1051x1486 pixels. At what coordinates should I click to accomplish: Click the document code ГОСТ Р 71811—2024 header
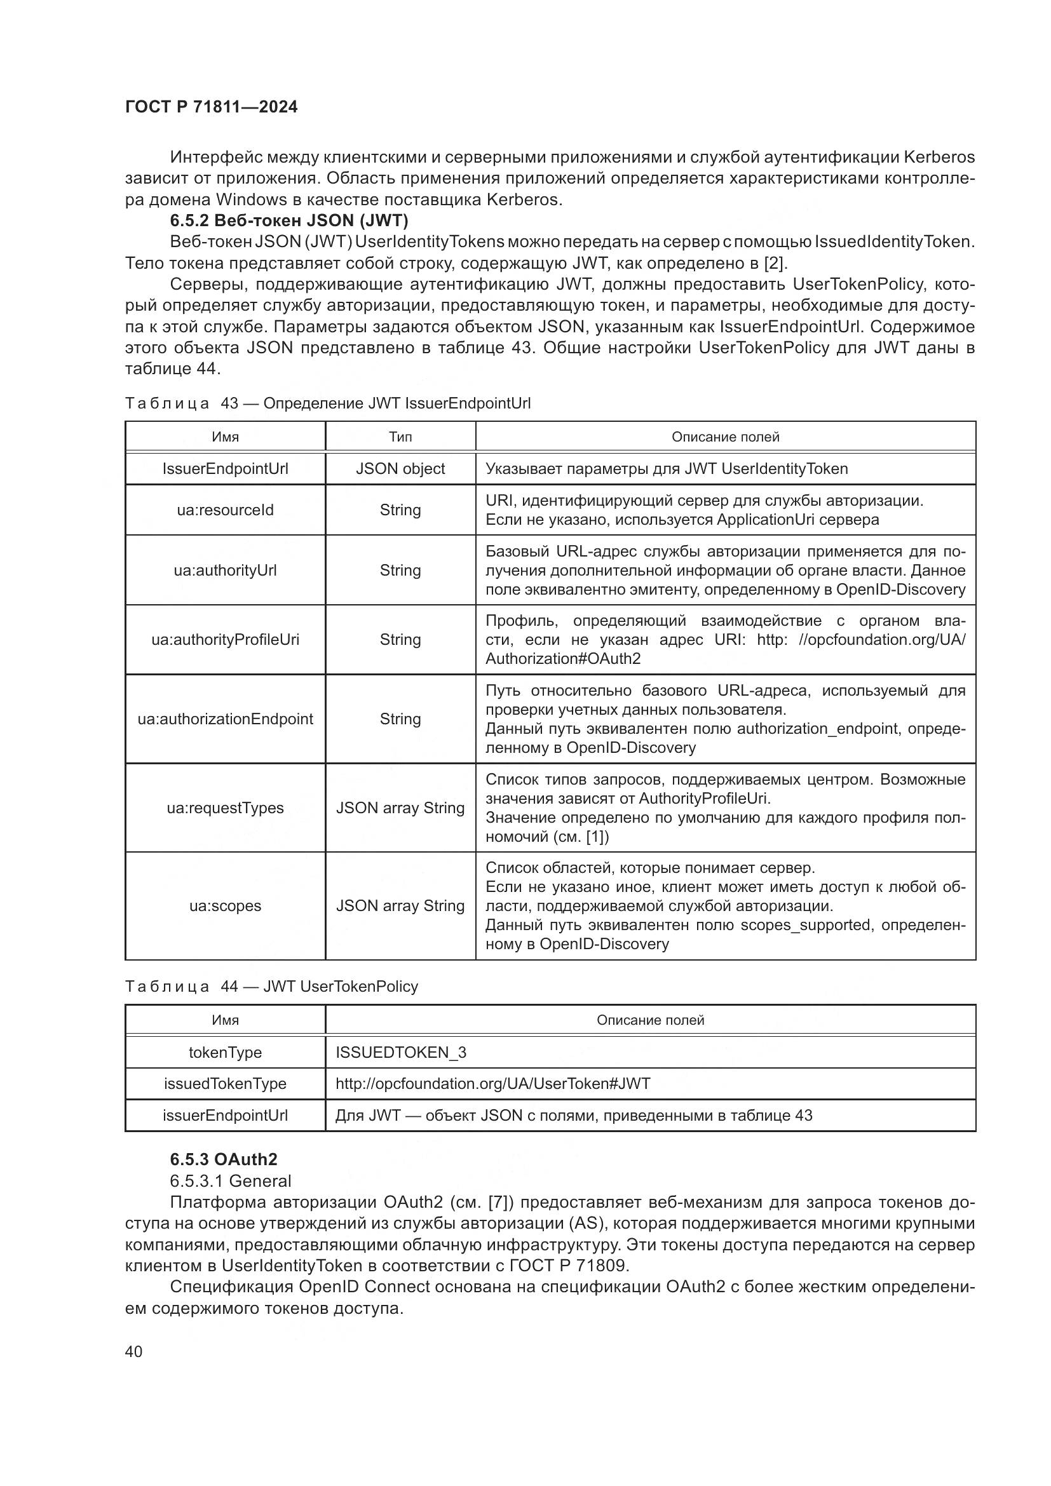211,107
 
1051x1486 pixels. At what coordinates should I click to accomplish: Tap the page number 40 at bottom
133,1351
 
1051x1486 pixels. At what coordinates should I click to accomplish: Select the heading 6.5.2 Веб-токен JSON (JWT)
288,220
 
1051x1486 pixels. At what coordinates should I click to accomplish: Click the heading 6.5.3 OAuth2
223,1159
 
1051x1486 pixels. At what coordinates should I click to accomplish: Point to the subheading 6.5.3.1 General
231,1180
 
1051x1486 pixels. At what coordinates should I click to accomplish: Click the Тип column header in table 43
400,437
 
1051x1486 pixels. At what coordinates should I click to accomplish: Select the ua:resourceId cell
225,510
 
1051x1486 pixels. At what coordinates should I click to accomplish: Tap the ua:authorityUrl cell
225,570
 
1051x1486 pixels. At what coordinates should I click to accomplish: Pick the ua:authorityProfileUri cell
225,640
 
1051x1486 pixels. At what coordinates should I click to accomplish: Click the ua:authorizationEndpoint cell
225,719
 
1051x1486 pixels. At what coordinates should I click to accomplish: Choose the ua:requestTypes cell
225,807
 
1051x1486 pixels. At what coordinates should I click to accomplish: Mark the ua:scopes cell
225,905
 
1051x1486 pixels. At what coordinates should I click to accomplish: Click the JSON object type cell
400,469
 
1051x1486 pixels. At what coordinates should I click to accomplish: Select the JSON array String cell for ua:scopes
400,905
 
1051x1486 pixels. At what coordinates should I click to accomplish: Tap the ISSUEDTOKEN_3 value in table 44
400,1052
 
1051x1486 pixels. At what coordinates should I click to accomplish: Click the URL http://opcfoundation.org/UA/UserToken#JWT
492,1083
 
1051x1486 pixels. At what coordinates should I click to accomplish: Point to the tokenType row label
225,1052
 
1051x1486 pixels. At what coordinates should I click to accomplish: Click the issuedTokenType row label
225,1083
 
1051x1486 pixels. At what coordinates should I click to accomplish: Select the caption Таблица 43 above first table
327,403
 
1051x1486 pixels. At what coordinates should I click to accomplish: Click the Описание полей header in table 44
650,1021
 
